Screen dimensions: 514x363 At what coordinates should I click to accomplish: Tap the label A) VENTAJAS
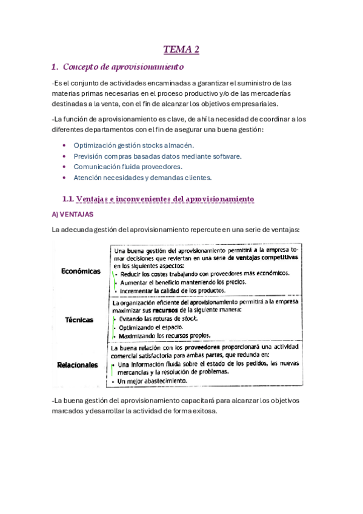click(75, 214)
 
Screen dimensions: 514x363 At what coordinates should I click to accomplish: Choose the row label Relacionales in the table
click(77, 365)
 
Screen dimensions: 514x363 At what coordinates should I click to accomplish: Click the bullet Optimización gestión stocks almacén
click(133, 145)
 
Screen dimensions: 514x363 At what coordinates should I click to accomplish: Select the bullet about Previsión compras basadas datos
click(158, 156)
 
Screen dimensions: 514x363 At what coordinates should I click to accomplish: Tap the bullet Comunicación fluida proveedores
click(128, 167)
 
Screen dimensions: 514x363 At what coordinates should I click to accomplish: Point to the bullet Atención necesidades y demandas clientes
click(142, 178)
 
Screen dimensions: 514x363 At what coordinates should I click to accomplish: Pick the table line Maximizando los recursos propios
click(164, 335)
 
